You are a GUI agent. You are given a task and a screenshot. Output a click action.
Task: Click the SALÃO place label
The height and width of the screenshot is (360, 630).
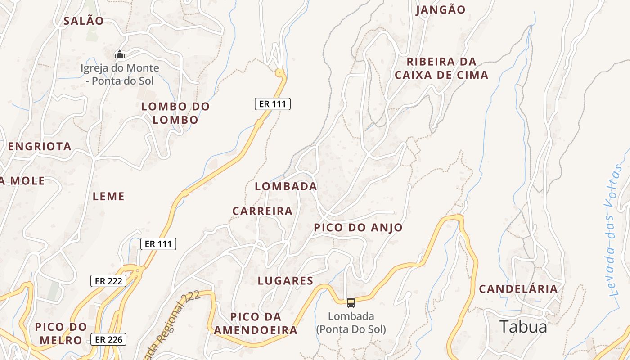pyautogui.click(x=84, y=21)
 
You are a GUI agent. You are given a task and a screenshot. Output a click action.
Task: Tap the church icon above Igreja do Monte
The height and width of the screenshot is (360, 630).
pyautogui.click(x=120, y=55)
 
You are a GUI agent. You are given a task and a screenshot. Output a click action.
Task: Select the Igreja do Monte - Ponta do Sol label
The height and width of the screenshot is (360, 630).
pyautogui.click(x=120, y=75)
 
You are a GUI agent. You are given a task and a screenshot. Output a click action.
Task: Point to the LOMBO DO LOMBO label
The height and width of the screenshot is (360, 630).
pyautogui.click(x=175, y=113)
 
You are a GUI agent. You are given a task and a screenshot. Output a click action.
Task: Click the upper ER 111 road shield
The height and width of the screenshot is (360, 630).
pyautogui.click(x=273, y=104)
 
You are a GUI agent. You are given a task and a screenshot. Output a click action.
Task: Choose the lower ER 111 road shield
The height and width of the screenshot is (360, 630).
pyautogui.click(x=158, y=244)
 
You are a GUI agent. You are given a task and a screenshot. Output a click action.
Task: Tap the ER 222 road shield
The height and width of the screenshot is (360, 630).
pyautogui.click(x=108, y=281)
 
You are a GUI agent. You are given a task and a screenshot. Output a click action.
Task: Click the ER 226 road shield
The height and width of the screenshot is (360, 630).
pyautogui.click(x=108, y=339)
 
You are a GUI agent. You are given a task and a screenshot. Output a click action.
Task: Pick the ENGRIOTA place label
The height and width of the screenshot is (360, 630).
pyautogui.click(x=40, y=146)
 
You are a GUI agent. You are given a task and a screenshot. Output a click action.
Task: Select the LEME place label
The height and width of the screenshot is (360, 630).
pyautogui.click(x=108, y=196)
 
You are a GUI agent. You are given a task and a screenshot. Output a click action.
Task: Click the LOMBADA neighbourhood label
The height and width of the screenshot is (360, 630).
pyautogui.click(x=286, y=186)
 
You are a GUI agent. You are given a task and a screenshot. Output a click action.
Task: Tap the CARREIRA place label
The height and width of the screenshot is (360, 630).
pyautogui.click(x=262, y=211)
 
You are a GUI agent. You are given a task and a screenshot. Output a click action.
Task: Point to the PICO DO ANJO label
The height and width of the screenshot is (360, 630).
pyautogui.click(x=358, y=228)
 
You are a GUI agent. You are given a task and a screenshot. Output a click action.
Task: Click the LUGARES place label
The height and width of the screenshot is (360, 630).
pyautogui.click(x=285, y=281)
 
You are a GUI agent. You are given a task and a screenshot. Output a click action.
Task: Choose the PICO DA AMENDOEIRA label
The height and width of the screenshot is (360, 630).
pyautogui.click(x=256, y=324)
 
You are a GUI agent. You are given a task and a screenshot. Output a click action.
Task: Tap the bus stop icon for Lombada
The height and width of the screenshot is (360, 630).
pyautogui.click(x=351, y=303)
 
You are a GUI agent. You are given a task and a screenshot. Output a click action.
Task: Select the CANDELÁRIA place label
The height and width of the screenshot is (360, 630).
pyautogui.click(x=518, y=289)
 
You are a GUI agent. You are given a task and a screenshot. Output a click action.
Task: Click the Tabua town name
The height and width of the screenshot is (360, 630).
pyautogui.click(x=523, y=327)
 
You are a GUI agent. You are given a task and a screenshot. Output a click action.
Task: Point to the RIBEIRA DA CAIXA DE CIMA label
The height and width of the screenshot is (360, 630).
pyautogui.click(x=441, y=68)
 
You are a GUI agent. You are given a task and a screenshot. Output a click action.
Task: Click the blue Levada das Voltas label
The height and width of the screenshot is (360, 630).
pyautogui.click(x=615, y=234)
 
